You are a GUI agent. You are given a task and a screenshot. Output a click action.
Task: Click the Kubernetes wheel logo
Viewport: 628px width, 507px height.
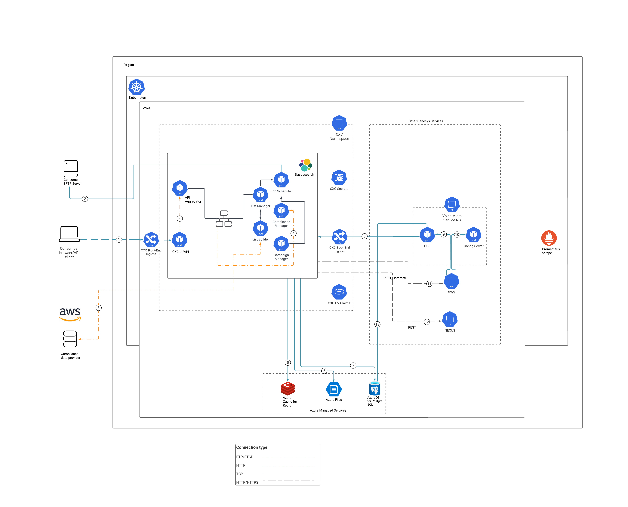coord(136,87)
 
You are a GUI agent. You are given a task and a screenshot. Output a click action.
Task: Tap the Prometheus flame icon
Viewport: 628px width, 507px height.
coord(549,238)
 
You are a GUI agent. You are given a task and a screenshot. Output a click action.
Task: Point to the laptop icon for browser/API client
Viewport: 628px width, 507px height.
coord(69,234)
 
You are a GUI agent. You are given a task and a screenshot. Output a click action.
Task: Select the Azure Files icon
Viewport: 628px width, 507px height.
coord(334,389)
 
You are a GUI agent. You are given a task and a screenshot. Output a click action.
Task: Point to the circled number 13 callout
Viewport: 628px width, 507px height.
coord(377,324)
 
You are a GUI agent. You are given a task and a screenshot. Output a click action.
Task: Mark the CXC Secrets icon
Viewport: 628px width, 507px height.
coord(339,178)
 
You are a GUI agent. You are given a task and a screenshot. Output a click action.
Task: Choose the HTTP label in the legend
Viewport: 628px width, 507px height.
coord(241,465)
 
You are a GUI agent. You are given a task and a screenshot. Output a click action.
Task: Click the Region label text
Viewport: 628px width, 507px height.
coord(129,65)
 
